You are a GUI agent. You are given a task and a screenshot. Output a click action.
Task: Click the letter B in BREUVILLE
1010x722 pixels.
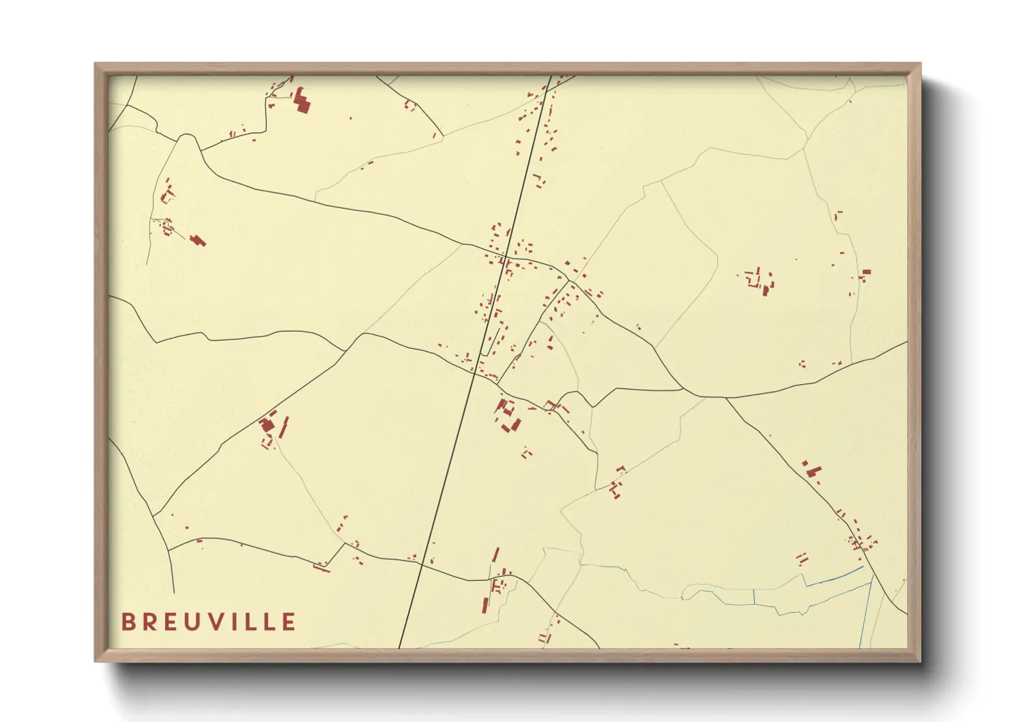pyautogui.click(x=127, y=622)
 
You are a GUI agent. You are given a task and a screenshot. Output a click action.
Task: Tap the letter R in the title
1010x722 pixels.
pyautogui.click(x=149, y=622)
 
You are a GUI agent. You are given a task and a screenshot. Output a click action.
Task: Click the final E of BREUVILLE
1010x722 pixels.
pyautogui.click(x=289, y=622)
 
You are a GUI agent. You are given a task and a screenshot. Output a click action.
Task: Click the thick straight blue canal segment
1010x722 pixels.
pyautogui.click(x=833, y=576)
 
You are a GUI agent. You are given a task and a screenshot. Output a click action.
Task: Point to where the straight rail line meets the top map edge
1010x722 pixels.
pyautogui.click(x=551, y=76)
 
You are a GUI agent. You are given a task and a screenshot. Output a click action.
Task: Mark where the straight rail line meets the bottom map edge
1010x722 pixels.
pyautogui.click(x=399, y=647)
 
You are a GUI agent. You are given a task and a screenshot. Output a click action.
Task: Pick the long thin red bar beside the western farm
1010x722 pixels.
pyautogui.click(x=285, y=427)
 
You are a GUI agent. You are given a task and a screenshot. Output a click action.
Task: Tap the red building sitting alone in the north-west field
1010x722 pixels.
pyautogui.click(x=199, y=240)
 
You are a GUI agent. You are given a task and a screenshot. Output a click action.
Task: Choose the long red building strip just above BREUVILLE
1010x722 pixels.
pyautogui.click(x=321, y=566)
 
